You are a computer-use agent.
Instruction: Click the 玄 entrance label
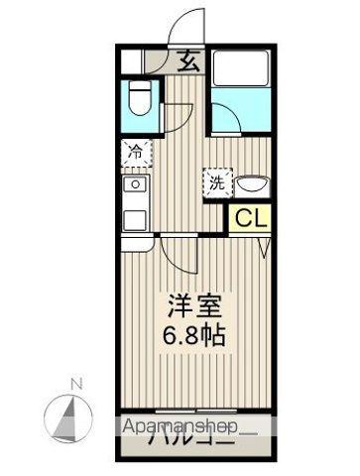(188, 60)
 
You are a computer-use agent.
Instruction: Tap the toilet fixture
(140, 101)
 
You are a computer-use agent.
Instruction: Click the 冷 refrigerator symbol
(137, 153)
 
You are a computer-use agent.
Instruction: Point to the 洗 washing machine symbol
(216, 181)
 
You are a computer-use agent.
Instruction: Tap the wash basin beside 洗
(252, 183)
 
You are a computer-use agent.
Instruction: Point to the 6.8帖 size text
(195, 334)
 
